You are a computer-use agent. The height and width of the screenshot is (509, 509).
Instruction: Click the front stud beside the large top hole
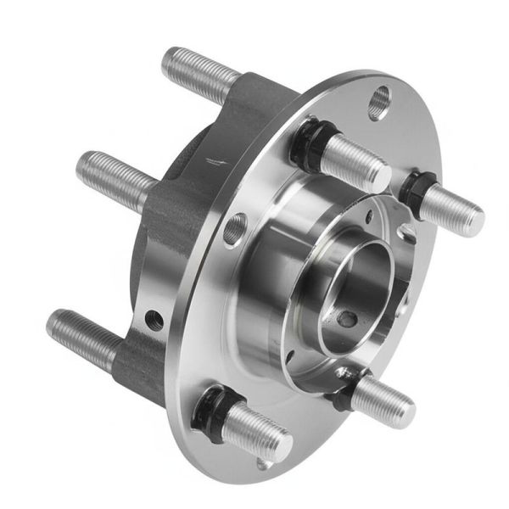(x=352, y=161)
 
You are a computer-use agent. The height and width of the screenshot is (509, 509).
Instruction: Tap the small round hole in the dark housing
(x=154, y=320)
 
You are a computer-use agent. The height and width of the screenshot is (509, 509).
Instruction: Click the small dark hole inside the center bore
(x=345, y=319)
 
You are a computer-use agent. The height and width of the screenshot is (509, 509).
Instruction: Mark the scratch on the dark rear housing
(x=217, y=160)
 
